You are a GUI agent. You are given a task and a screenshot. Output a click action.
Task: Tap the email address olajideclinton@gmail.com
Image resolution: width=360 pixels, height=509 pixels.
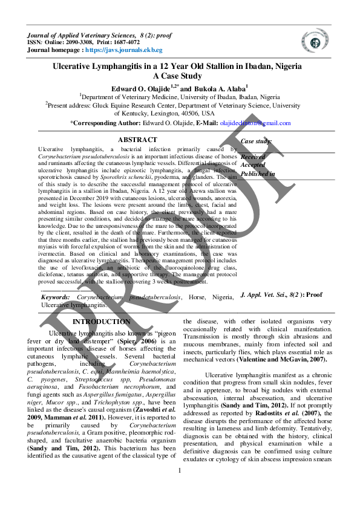tap(255, 123)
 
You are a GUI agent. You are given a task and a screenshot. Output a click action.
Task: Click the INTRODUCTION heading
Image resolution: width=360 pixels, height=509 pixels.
tap(101, 322)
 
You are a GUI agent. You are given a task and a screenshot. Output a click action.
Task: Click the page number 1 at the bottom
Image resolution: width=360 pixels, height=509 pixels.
tap(180, 488)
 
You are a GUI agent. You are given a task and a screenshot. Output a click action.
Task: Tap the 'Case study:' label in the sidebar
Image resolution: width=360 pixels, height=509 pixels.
tap(257, 141)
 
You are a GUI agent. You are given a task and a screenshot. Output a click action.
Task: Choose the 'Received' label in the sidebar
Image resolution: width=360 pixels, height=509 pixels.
tap(254, 156)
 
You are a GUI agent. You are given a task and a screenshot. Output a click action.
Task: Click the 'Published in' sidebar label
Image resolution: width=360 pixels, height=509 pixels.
tap(258, 173)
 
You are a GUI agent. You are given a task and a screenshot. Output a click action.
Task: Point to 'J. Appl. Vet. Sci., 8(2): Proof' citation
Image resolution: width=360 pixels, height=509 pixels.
tap(281, 294)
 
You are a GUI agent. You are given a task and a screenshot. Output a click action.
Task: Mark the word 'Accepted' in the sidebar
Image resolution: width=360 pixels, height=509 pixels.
tap(254, 164)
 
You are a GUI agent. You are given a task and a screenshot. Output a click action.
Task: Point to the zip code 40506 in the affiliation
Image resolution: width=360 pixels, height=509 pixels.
tap(190, 113)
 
